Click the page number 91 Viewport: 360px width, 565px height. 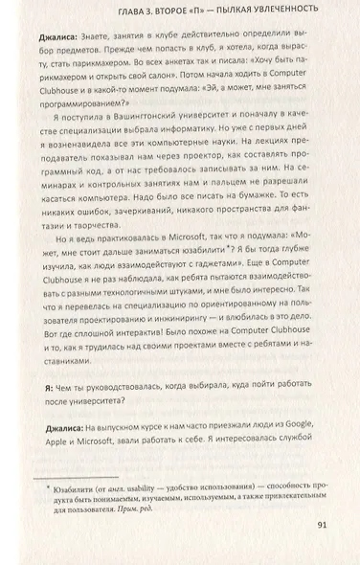tap(321, 524)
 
